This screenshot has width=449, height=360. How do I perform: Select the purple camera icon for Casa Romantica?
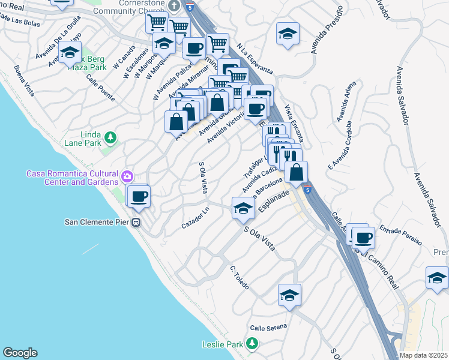(x=127, y=176)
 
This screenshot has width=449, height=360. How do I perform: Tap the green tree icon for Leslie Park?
(x=253, y=343)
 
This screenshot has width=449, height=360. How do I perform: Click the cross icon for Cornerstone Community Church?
(x=175, y=6)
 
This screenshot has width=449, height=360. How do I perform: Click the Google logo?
(x=20, y=353)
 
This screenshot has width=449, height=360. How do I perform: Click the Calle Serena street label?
(x=268, y=327)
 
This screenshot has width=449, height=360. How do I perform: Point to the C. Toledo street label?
(x=240, y=276)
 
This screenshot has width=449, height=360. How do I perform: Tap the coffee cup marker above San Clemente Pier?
(x=139, y=196)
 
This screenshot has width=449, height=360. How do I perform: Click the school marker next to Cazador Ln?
(x=243, y=208)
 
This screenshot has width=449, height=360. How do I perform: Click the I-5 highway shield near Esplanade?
(x=307, y=190)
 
